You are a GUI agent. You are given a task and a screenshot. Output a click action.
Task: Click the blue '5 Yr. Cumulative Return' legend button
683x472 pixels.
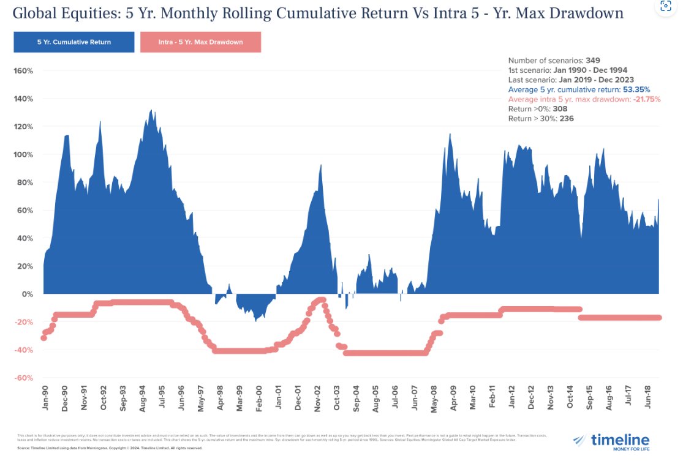coord(74,42)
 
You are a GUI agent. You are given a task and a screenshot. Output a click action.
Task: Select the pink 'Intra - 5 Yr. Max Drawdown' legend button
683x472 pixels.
coord(201,42)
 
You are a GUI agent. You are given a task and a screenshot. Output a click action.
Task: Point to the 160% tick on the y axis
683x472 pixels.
coord(23,71)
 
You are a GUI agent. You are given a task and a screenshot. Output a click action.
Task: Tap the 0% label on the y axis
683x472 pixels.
coord(28,294)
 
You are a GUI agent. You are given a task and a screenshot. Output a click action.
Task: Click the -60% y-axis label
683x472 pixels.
coord(23,378)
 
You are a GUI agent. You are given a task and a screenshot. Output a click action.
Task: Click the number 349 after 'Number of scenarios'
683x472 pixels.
coord(592,61)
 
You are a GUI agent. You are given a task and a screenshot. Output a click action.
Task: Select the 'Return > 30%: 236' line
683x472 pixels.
coord(541,119)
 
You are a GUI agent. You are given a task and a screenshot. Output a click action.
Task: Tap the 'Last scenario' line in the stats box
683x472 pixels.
coord(571,80)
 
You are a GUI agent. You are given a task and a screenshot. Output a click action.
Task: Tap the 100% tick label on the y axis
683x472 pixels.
coord(23,154)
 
